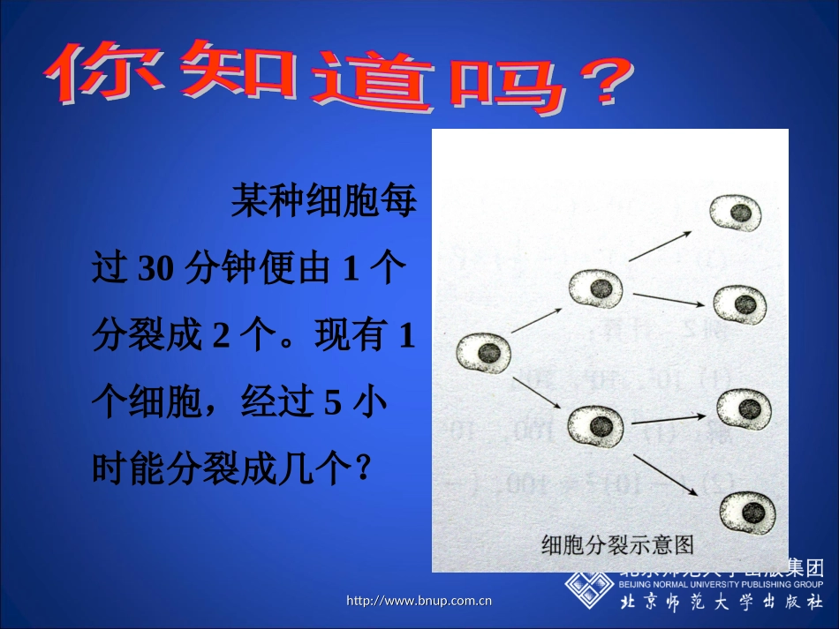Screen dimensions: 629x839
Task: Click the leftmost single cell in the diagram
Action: [x=483, y=353]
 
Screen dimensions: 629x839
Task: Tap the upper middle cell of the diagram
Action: [x=596, y=288]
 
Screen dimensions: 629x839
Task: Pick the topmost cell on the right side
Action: [x=736, y=212]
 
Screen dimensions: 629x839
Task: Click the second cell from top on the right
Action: [x=740, y=303]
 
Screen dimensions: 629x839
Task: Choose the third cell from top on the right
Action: [x=744, y=408]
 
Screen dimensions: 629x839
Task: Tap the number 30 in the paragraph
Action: [x=157, y=268]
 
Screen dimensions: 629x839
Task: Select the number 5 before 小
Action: [x=332, y=403]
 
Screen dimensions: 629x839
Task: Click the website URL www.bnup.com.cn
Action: [x=419, y=602]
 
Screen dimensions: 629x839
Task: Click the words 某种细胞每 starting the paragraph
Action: [x=323, y=202]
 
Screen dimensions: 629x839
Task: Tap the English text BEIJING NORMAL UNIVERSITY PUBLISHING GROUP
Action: [x=721, y=584]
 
